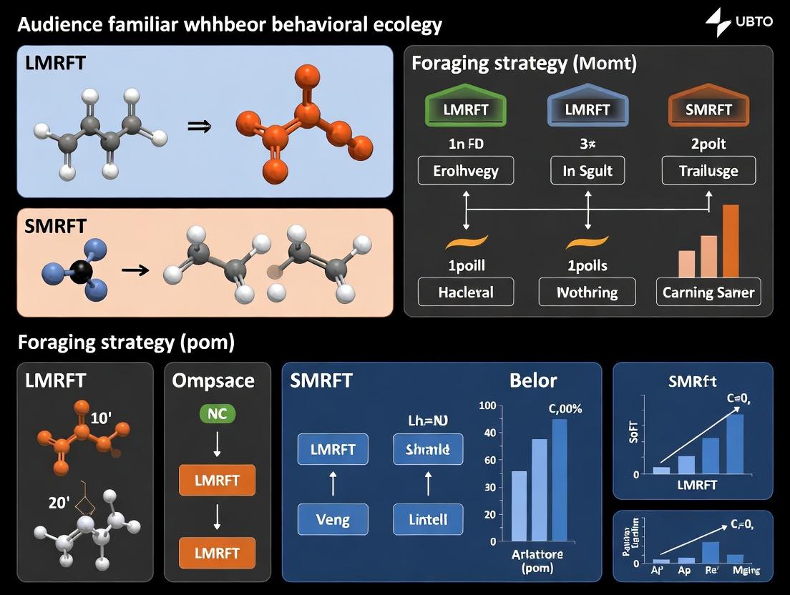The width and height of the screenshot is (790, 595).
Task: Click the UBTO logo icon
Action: click(x=718, y=22)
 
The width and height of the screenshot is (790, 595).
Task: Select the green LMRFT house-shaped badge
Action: click(x=466, y=109)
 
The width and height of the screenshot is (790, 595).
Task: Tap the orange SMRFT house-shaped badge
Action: click(x=708, y=109)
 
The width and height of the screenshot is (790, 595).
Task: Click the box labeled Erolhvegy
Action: click(x=466, y=172)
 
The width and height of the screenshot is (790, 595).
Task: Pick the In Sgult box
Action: click(x=587, y=172)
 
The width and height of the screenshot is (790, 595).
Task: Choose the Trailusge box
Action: click(x=708, y=172)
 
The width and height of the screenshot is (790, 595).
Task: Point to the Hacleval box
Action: click(x=466, y=292)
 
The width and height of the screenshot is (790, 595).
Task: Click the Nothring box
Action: click(x=587, y=292)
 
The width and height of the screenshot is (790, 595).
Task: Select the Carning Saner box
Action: click(x=708, y=292)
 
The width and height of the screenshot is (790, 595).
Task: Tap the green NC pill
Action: click(x=217, y=413)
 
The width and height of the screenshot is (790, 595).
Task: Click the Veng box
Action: click(x=333, y=519)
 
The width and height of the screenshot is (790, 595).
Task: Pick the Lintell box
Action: click(x=428, y=519)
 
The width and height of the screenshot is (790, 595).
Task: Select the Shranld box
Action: click(x=428, y=450)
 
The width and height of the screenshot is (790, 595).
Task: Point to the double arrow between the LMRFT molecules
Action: click(x=197, y=126)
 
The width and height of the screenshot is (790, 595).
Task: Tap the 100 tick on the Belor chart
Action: click(x=487, y=406)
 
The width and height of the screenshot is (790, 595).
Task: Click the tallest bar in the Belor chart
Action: click(x=560, y=479)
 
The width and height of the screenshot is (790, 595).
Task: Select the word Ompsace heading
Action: click(x=213, y=380)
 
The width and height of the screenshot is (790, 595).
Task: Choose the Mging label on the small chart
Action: click(x=746, y=570)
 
